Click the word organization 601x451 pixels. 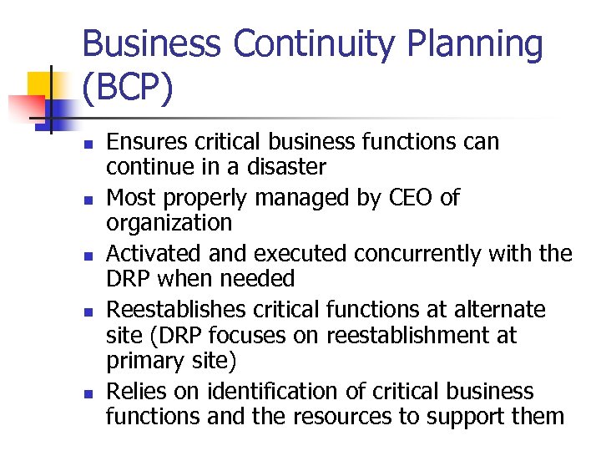coord(169,223)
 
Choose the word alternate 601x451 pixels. coord(501,310)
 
